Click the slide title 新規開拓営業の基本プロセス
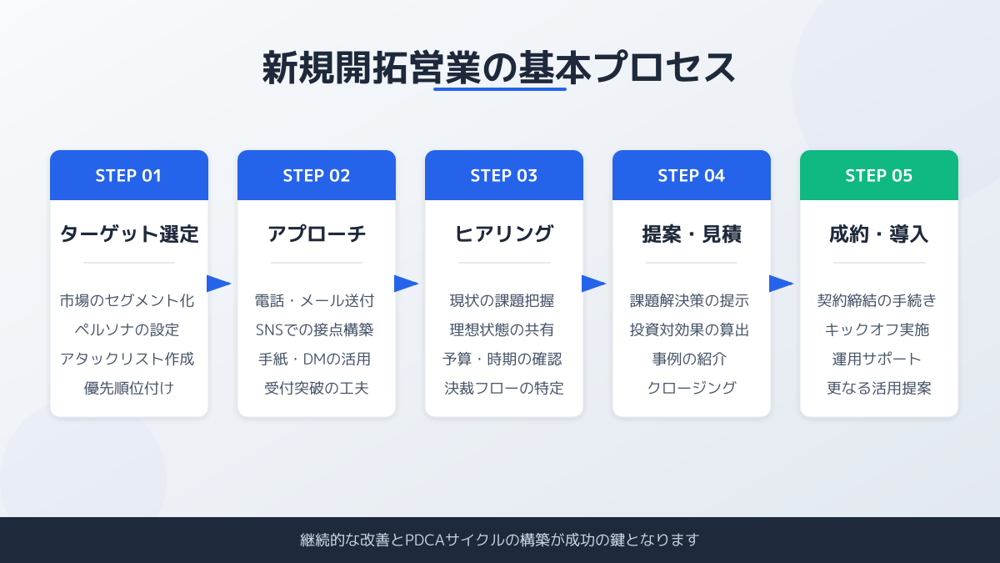(x=499, y=68)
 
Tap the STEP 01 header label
(x=128, y=176)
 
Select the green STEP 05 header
(x=878, y=175)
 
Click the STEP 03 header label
(x=503, y=176)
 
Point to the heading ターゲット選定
(x=129, y=234)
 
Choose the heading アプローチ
(x=317, y=234)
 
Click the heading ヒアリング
(x=504, y=234)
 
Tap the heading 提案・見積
(x=692, y=234)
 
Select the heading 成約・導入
(x=878, y=234)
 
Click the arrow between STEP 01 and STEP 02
(x=218, y=284)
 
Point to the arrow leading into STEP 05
(x=782, y=284)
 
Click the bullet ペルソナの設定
(x=127, y=329)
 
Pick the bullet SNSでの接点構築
(x=315, y=329)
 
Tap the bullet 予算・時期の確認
(x=502, y=359)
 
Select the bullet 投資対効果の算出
(x=690, y=329)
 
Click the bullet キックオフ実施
(x=877, y=329)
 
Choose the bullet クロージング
(x=692, y=388)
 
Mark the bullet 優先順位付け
(x=129, y=388)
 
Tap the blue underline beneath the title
(x=500, y=89)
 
